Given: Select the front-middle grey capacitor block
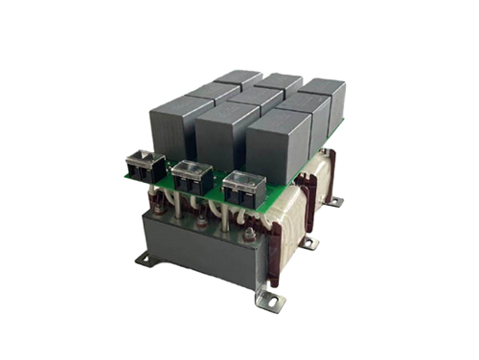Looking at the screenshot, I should coord(226,134).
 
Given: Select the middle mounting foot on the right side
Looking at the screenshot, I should coord(308,243).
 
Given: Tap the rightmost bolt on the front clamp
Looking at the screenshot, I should coord(246,233).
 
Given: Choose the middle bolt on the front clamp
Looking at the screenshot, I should coord(203,220).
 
